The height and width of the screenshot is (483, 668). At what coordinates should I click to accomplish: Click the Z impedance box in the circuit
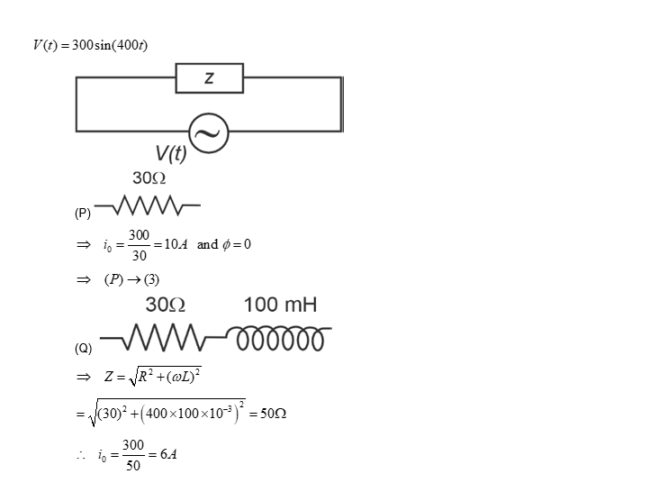click(x=209, y=78)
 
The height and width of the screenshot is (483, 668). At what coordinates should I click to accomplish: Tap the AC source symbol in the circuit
click(x=207, y=134)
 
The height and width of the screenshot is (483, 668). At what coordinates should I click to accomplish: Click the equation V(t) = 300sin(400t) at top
click(x=90, y=46)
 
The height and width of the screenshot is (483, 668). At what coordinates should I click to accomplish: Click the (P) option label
click(x=83, y=214)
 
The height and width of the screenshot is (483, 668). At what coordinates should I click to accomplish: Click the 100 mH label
click(x=280, y=305)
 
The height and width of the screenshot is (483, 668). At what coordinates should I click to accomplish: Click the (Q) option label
click(x=83, y=347)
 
